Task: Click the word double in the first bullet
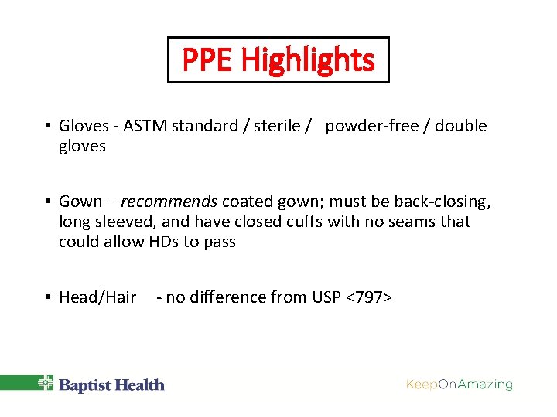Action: click(x=461, y=126)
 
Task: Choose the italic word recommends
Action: click(x=169, y=202)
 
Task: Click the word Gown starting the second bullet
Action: click(x=80, y=202)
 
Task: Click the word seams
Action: click(x=408, y=222)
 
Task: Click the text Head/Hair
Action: click(x=97, y=297)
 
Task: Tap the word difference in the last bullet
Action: click(x=221, y=297)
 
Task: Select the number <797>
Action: click(x=369, y=297)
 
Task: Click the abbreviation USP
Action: click(x=325, y=297)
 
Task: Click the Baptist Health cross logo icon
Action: click(x=46, y=384)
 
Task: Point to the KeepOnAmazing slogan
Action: click(x=460, y=384)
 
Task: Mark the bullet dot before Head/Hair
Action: click(x=48, y=297)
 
